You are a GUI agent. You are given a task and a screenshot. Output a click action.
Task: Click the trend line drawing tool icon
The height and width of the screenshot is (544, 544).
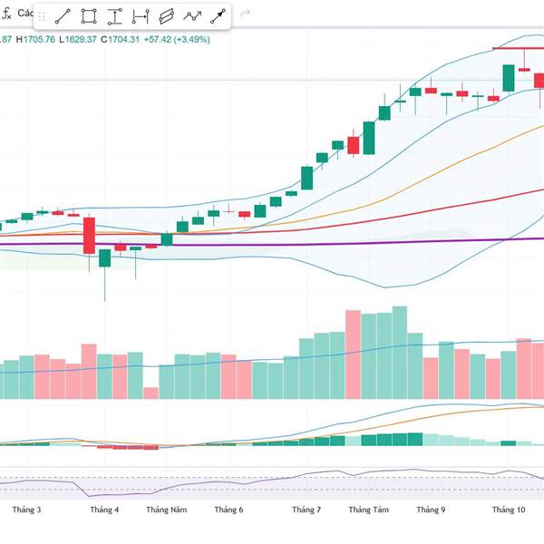coord(63,15)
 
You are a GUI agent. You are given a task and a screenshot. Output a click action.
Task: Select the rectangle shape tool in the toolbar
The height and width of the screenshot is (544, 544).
coord(89,15)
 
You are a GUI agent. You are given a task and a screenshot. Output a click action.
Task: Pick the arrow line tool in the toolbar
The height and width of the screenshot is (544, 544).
coord(219,15)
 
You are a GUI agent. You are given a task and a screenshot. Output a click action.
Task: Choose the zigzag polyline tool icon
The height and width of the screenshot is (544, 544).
coord(192,15)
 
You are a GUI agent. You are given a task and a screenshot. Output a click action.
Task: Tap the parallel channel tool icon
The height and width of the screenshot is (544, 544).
coord(166,15)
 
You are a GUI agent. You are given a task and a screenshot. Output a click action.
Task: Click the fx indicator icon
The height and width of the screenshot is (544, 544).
coord(6,15)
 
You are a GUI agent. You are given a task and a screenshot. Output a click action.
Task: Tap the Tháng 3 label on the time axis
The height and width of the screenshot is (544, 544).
coord(26,510)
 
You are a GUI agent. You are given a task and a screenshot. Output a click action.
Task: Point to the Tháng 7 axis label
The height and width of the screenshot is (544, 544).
coord(306,510)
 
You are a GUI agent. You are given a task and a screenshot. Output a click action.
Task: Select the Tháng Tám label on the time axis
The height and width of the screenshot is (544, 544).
coord(368,510)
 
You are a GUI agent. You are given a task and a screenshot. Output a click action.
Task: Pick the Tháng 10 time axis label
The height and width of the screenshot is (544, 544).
coord(509,510)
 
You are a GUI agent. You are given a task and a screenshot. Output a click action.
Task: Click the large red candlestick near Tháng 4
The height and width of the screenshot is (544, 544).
coord(89,235)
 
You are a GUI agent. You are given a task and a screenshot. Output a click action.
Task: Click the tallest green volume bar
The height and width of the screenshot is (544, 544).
coord(353,355)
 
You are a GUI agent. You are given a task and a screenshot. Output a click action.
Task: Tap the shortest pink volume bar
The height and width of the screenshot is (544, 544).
coord(151,393)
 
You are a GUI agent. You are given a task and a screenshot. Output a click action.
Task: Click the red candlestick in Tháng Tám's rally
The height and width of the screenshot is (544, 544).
coord(354,145)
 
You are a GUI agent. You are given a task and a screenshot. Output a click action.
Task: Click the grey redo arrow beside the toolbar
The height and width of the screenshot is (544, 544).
coord(245,15)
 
